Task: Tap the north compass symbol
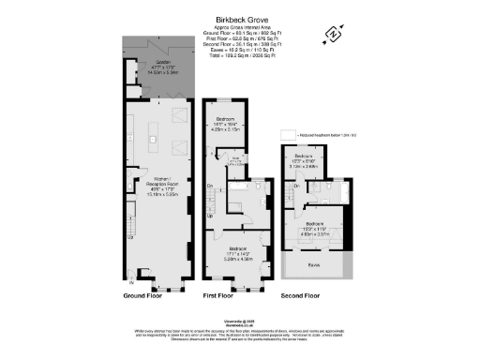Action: (332, 37)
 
